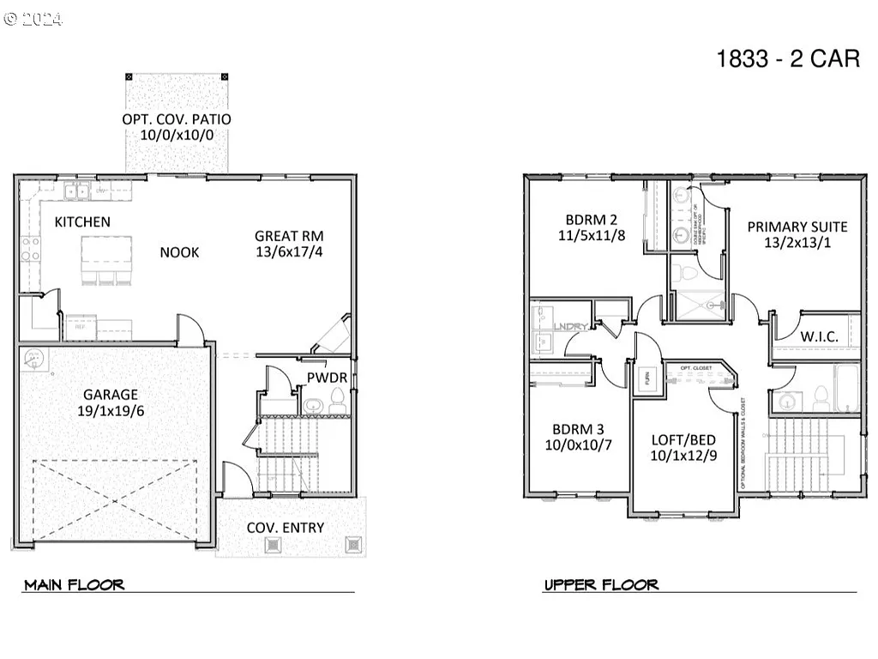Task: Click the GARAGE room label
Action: pos(110,395)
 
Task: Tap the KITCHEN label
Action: pos(82,222)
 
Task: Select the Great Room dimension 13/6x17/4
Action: pos(288,252)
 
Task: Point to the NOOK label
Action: pos(179,252)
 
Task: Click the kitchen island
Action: pos(107,255)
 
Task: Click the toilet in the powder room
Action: pos(336,400)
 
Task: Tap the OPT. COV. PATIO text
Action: pos(176,119)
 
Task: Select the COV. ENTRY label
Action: pos(286,528)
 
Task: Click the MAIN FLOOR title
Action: pos(75,585)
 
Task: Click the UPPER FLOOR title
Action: pos(601,585)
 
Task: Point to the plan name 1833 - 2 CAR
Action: pos(788,58)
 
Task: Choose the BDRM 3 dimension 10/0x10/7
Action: pos(578,444)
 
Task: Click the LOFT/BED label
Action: pos(683,440)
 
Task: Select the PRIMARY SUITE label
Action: pos(797,227)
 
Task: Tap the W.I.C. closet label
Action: pos(819,336)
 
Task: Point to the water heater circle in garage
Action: pos(34,359)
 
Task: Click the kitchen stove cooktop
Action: pos(30,250)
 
